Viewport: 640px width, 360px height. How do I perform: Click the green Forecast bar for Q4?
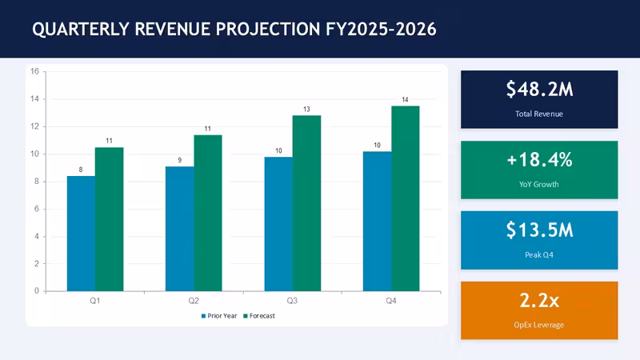point(406,198)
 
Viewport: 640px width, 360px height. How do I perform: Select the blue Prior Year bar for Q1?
point(82,234)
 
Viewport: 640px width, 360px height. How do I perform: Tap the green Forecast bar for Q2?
point(208,213)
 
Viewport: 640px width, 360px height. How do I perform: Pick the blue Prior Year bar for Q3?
point(278,224)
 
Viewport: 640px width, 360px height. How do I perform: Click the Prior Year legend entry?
point(219,316)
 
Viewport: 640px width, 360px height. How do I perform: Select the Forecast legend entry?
point(259,316)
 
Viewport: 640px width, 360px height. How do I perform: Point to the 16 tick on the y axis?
point(34,71)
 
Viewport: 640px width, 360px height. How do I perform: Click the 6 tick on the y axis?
point(37,209)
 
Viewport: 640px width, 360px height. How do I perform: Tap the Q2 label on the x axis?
point(194,301)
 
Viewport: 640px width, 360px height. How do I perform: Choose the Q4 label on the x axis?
point(391,301)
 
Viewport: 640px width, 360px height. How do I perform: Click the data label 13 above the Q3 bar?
point(306,110)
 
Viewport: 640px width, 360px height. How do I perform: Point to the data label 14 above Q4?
point(405,99)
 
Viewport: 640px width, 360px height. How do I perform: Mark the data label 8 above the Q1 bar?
point(81,170)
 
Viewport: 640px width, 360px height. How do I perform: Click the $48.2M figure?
point(539,89)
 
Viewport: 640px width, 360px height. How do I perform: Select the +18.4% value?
point(539,159)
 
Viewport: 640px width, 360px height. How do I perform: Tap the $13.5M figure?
point(539,230)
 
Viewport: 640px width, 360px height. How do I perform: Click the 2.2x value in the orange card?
point(539,301)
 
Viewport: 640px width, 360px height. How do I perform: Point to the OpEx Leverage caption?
point(539,325)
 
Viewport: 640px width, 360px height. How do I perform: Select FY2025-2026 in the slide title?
point(381,30)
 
